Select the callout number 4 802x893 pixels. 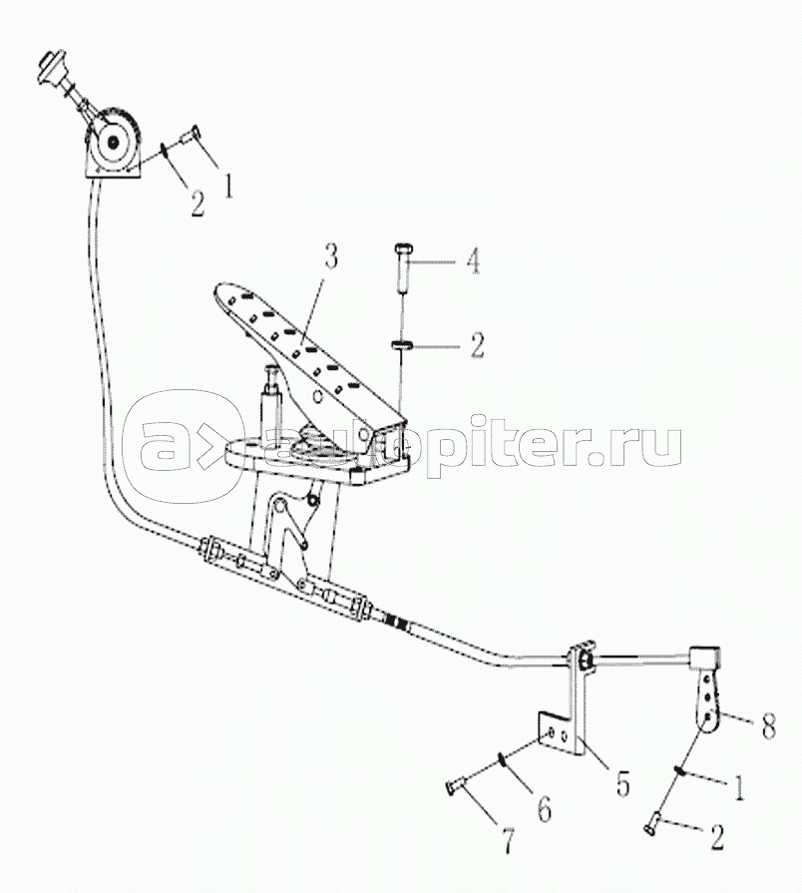pos(474,263)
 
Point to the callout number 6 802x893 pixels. pos(543,807)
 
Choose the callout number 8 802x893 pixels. pos(767,727)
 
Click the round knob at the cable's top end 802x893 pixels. pos(48,71)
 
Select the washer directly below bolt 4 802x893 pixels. pos(403,345)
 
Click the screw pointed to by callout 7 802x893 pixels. pos(455,789)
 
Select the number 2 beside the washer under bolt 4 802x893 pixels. pos(476,346)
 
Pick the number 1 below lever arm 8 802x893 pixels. pos(739,787)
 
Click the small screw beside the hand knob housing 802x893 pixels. pos(191,133)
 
